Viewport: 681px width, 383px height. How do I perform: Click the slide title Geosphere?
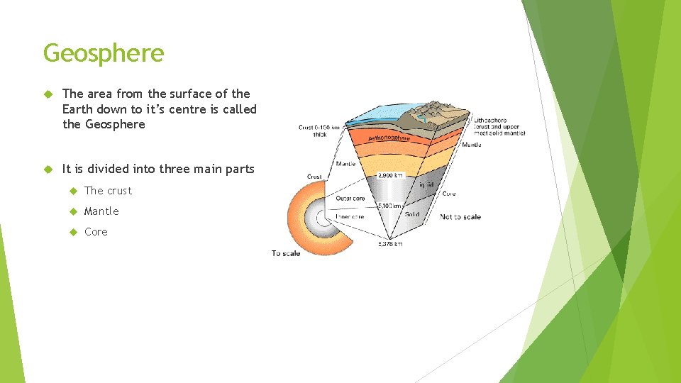coord(104,53)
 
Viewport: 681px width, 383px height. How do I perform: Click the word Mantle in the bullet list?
coord(101,211)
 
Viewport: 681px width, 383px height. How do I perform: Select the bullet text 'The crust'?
coord(108,191)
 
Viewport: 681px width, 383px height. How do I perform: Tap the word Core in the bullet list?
coord(96,232)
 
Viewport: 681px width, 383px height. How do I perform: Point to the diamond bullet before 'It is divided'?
coord(48,170)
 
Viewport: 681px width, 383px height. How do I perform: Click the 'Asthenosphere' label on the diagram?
coord(389,137)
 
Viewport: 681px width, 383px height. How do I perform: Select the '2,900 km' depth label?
coord(391,174)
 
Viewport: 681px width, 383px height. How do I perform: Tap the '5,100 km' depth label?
coord(389,206)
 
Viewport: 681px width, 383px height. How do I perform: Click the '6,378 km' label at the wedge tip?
coord(390,244)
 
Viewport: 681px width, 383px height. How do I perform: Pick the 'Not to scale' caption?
coord(460,216)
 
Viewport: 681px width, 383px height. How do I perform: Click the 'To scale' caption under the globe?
coord(286,253)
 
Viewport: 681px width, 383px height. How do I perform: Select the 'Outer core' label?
coord(350,199)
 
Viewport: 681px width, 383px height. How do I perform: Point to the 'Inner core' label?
coord(350,216)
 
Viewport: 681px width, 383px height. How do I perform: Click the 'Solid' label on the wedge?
coord(412,214)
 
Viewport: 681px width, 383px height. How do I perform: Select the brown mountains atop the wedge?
coord(440,113)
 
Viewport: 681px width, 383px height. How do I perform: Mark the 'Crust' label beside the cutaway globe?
coord(314,177)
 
